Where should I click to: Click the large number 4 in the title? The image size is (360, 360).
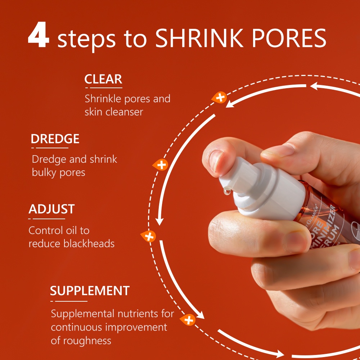39,37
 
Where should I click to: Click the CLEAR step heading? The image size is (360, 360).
103,79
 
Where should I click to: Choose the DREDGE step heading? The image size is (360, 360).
55,139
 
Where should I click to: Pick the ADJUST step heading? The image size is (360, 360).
51,209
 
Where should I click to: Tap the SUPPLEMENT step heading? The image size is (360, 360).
90,291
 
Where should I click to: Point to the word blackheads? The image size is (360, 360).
89,244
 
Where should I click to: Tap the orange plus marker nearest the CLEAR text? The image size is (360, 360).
220,97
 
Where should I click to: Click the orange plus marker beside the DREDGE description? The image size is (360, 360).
161,165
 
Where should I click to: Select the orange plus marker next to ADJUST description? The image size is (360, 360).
149,236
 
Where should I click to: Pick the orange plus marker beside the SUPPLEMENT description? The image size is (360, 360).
188,320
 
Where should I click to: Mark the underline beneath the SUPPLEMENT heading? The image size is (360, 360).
69,301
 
